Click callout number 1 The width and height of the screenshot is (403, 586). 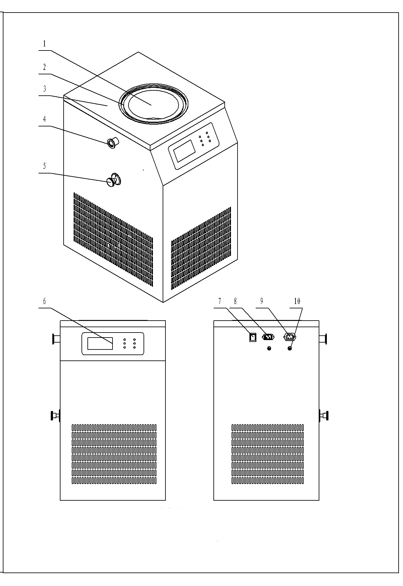coord(44,44)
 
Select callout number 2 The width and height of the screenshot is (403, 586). coord(44,67)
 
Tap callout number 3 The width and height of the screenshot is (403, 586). coord(44,89)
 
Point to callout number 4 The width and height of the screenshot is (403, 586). coord(44,119)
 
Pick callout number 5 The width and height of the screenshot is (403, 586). coord(44,166)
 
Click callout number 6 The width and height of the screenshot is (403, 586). coord(44,301)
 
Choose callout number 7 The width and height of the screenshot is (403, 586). coord(220,301)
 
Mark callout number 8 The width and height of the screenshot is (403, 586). coord(235,301)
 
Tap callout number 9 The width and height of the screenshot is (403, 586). coord(262,301)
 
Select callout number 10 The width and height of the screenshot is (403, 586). coord(297,301)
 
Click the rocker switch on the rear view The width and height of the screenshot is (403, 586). coord(253,337)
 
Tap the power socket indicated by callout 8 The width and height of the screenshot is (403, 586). coord(268,337)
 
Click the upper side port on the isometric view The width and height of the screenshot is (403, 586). coord(113,143)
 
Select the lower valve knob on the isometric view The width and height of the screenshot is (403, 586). coord(112,181)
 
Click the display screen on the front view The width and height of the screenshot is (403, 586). coord(100,344)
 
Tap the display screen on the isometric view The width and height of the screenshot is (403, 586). coord(185,150)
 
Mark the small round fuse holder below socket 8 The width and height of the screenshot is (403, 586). coord(269,348)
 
